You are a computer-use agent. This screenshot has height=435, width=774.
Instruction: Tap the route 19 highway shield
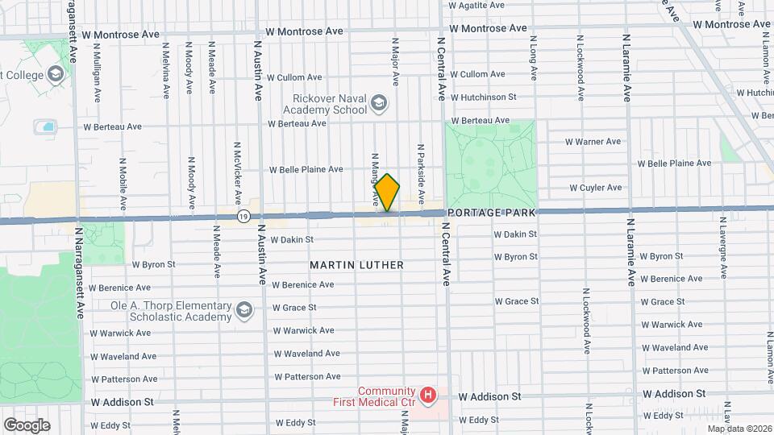pos(243,216)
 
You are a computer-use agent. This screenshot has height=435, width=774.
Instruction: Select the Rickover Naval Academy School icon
pos(379,103)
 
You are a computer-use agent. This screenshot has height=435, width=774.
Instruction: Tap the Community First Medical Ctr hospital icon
pos(429,395)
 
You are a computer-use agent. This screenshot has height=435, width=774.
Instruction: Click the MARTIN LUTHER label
pos(356,264)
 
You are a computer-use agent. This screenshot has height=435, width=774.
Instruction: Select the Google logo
pos(27,425)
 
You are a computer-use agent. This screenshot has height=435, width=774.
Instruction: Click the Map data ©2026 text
pos(737,428)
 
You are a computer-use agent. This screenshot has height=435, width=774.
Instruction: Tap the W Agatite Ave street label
pos(476,5)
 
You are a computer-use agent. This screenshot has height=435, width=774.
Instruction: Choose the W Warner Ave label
pos(593,142)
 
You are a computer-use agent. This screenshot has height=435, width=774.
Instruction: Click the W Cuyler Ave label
pos(595,188)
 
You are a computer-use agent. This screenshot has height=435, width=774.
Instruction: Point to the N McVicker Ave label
pos(238,174)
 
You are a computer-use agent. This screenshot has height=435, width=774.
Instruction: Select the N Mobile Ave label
pos(123,177)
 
